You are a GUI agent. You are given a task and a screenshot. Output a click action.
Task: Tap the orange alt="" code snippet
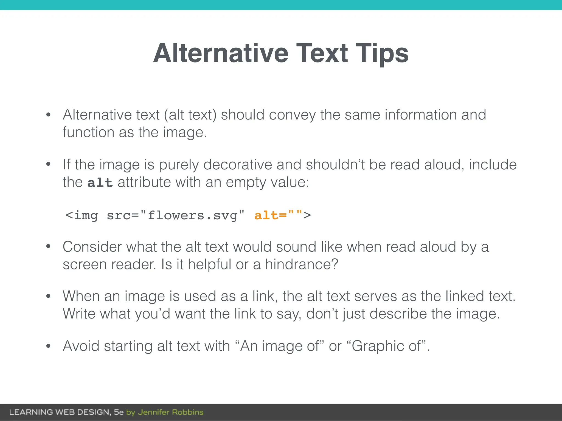(278, 215)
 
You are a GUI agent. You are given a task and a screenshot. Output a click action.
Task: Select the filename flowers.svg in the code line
(192, 215)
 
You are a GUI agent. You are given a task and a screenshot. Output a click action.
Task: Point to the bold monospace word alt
(100, 183)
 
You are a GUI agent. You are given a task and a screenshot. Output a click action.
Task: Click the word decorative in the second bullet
(238, 165)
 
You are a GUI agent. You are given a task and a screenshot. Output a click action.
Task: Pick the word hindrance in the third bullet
(301, 264)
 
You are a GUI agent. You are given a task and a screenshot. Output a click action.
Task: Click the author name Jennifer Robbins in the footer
(170, 412)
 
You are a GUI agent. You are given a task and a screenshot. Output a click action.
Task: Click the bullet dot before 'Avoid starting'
(49, 346)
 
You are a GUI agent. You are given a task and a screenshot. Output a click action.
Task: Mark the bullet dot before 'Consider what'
(49, 247)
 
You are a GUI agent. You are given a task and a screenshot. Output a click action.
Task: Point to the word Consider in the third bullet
(92, 247)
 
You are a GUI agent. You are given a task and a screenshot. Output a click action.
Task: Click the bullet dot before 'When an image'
(49, 296)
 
